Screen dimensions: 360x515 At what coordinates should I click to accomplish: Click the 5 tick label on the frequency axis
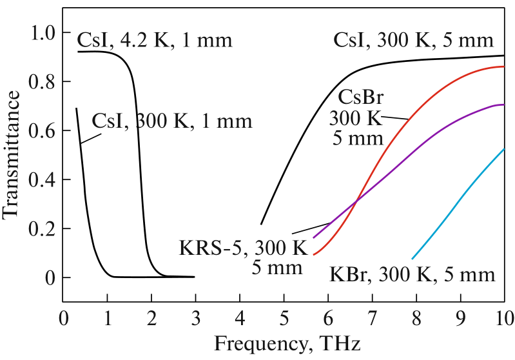click(284, 317)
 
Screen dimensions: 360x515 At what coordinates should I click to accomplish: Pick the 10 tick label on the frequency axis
click(503, 317)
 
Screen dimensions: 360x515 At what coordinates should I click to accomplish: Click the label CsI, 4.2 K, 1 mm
click(154, 41)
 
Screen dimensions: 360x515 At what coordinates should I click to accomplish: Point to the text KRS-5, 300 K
click(236, 248)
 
